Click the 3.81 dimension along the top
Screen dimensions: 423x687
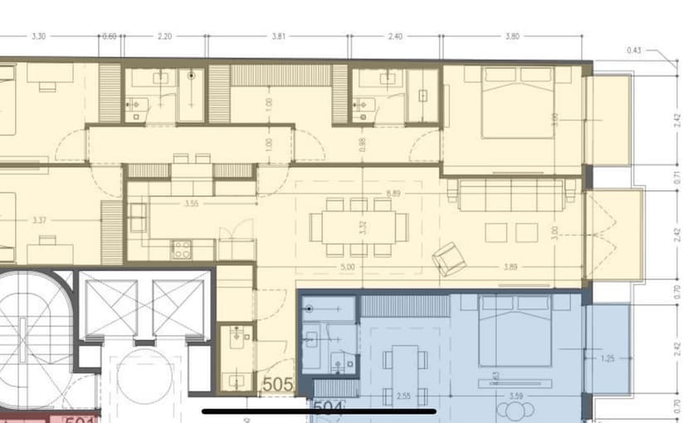pos(279,37)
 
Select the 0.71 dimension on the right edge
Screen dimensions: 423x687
pos(677,177)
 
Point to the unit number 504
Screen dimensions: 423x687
pos(329,408)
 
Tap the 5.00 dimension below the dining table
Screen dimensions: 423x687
pos(347,268)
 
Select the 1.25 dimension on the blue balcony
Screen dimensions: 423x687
pos(608,358)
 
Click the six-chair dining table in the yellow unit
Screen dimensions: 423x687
pos(358,226)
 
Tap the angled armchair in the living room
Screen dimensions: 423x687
pos(448,258)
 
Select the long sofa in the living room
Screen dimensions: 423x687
pos(512,194)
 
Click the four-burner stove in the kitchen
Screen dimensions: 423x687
pos(181,248)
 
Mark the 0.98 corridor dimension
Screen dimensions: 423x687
pos(362,144)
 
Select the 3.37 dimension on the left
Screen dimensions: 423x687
pos(38,221)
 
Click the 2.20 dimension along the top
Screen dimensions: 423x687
pos(164,37)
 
